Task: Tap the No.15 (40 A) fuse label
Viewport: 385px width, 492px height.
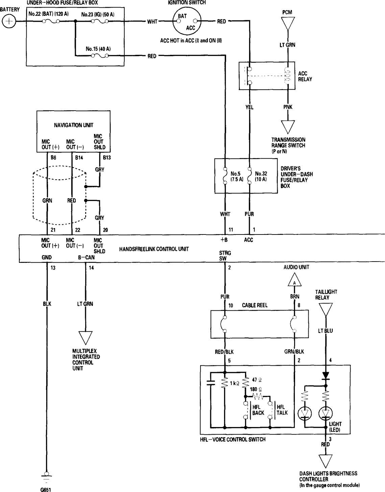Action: click(x=98, y=49)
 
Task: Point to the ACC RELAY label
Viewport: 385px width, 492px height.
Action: click(x=305, y=76)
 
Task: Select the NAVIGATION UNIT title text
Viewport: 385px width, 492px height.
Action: click(x=73, y=125)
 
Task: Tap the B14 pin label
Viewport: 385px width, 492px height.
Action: click(x=79, y=158)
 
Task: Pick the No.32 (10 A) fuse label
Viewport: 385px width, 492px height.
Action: click(x=261, y=176)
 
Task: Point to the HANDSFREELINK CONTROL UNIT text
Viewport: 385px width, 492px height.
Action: click(x=154, y=249)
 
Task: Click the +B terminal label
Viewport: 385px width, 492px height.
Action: click(x=224, y=240)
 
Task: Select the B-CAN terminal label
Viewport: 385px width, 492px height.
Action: click(x=86, y=257)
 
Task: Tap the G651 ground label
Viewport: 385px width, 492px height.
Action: click(x=46, y=489)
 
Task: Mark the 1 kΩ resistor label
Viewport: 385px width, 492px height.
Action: click(x=234, y=383)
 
